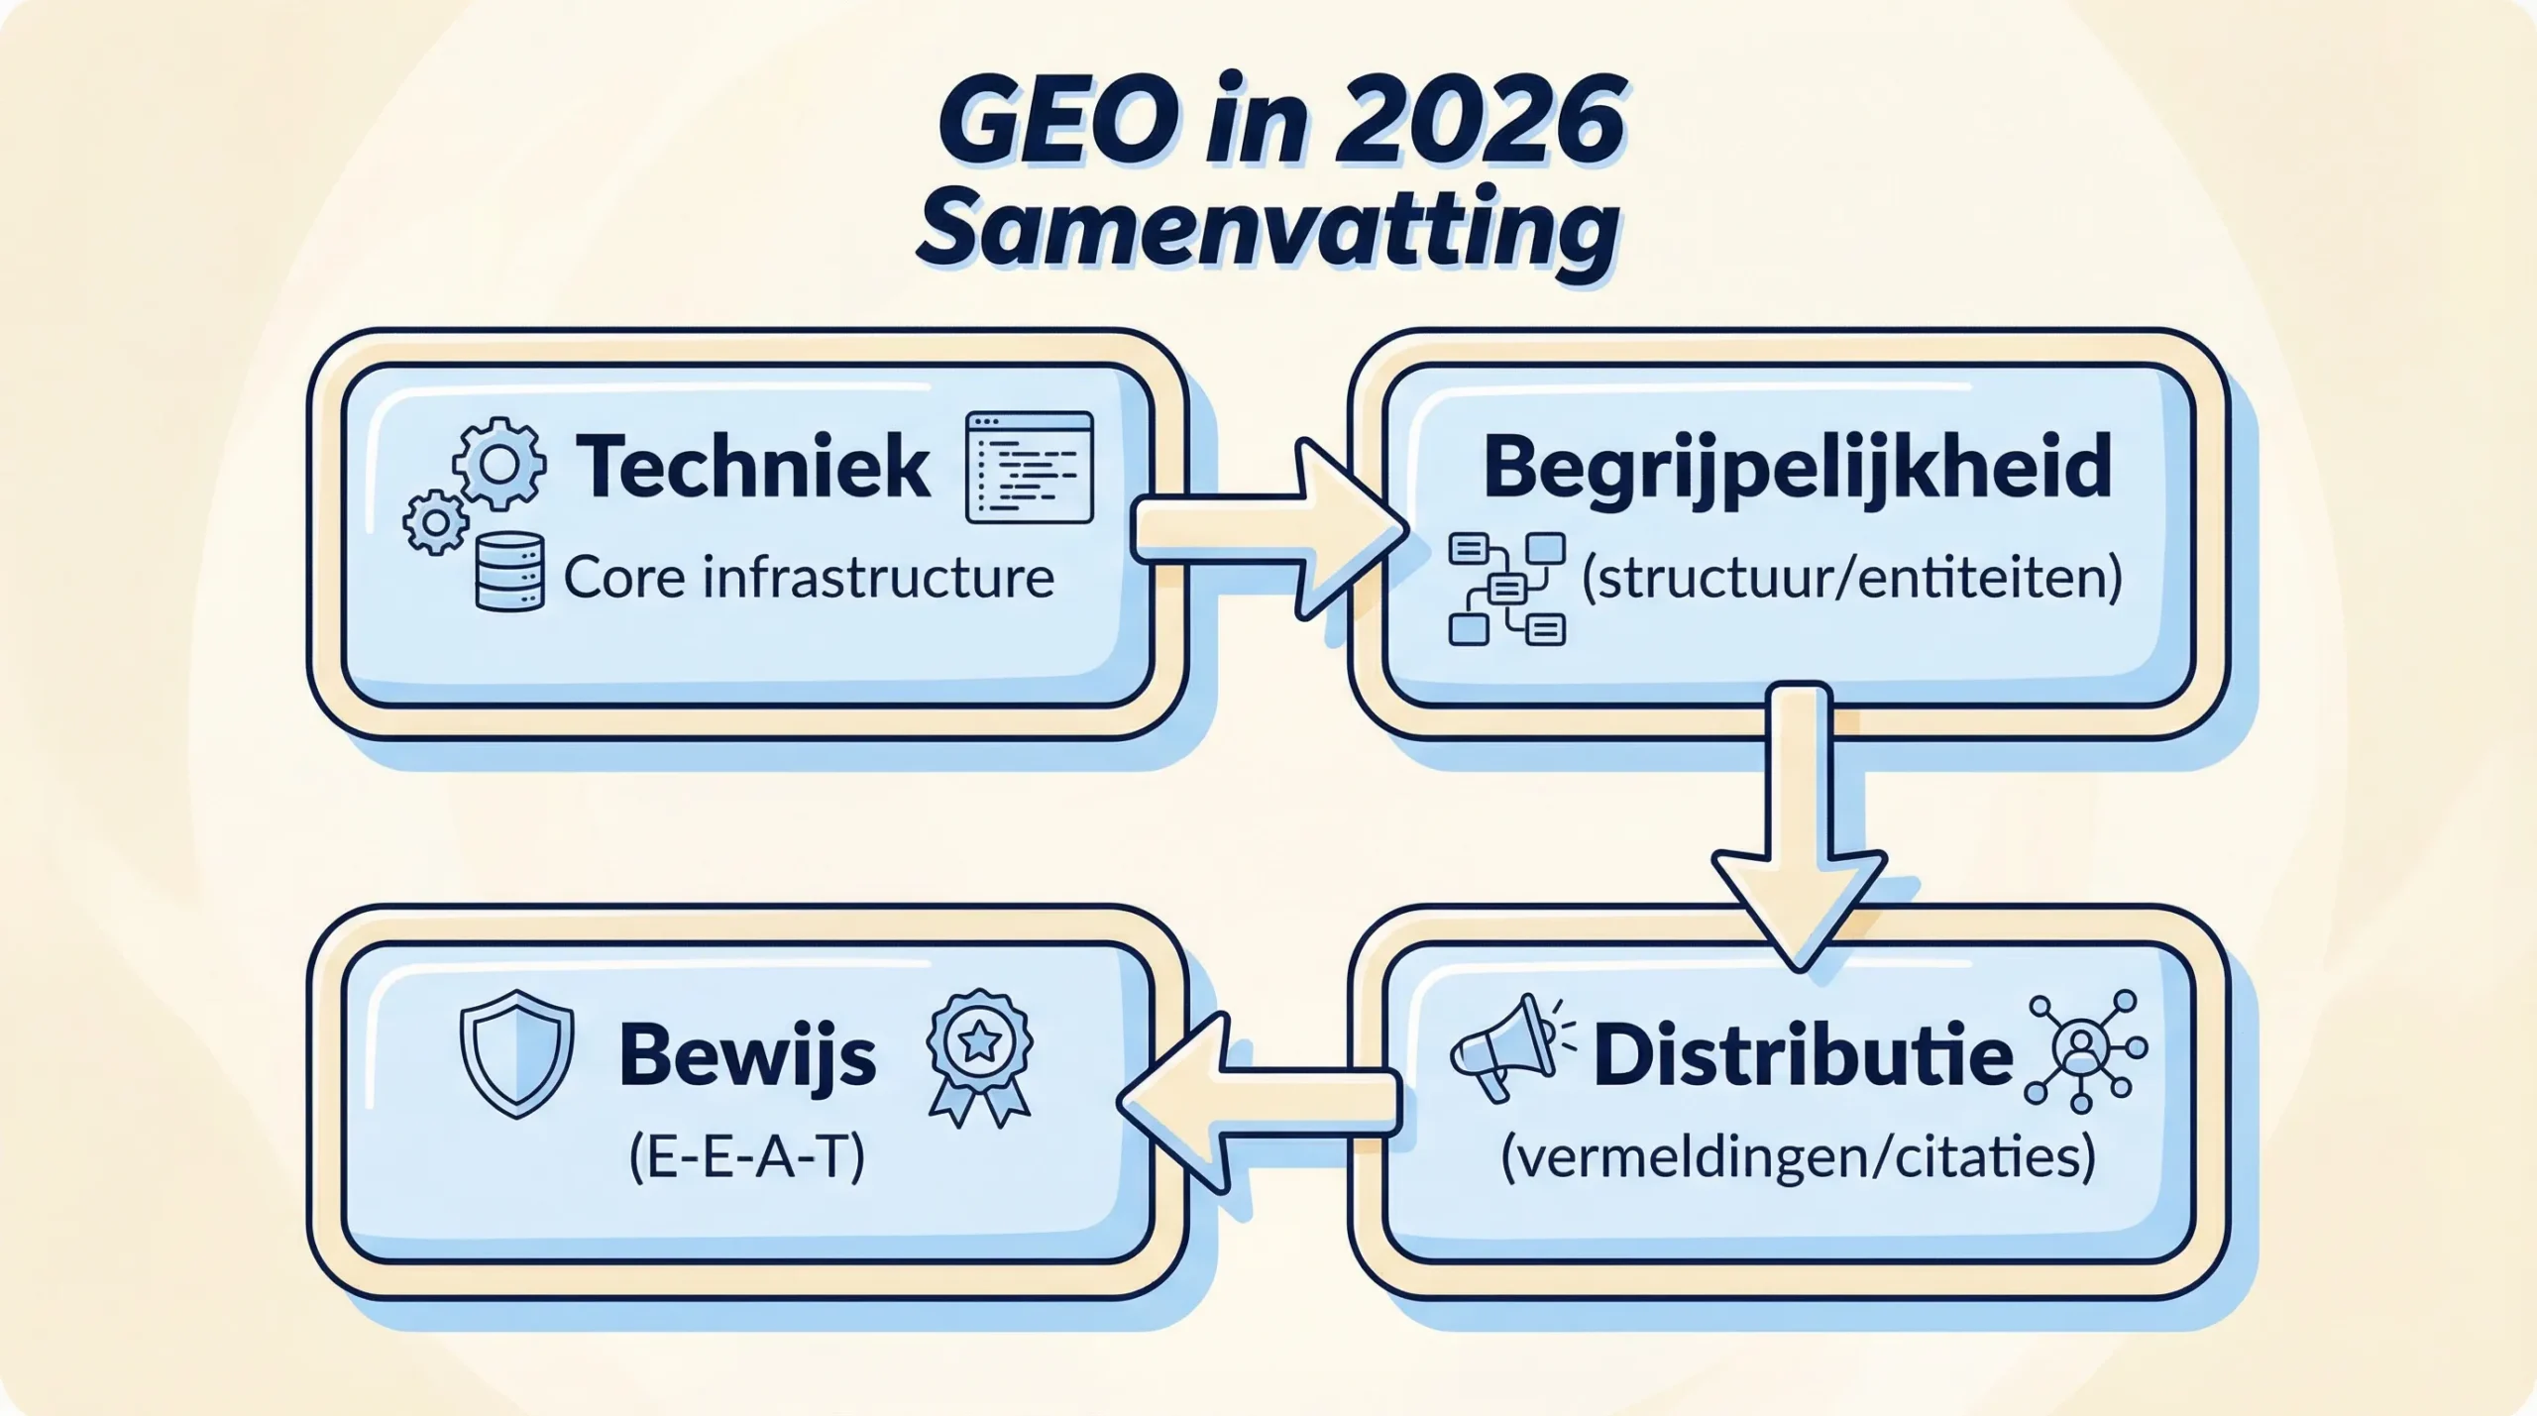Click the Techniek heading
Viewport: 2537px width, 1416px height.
[x=753, y=467]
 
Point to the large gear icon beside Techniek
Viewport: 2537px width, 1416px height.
[x=498, y=463]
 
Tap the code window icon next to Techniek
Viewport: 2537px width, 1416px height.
[x=1029, y=467]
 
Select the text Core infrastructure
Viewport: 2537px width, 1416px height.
[x=808, y=578]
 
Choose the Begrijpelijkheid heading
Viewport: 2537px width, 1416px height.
[x=1797, y=467]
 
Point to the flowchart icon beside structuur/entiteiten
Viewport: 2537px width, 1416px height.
[x=1506, y=589]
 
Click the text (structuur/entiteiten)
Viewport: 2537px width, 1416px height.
[x=1851, y=579]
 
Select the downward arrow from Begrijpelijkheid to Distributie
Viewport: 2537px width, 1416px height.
[x=1798, y=822]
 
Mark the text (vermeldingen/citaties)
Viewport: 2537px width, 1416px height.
[x=1798, y=1156]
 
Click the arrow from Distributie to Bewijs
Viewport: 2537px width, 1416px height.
[x=1259, y=1100]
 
